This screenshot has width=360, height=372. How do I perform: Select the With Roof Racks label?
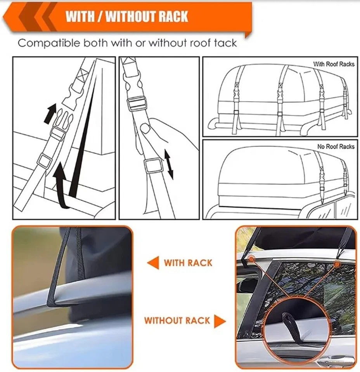pos(334,64)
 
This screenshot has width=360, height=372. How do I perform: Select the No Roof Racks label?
pos(336,146)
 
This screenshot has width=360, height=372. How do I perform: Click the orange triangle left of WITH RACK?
pos(153,263)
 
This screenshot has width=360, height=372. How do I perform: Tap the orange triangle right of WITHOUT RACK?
pos(220,321)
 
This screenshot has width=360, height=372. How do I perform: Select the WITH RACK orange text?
pos(188,263)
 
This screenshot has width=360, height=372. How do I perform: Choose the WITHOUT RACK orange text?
pos(177,321)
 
